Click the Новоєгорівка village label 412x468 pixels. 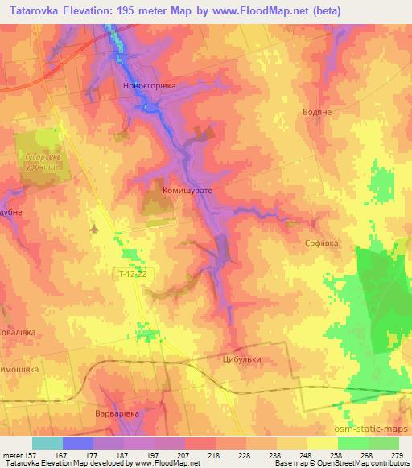(x=147, y=85)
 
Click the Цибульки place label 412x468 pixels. (x=242, y=361)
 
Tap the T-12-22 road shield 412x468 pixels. (x=130, y=274)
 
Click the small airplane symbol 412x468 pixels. (x=95, y=229)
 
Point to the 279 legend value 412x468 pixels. (x=396, y=455)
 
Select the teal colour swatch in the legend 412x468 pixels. (x=47, y=443)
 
